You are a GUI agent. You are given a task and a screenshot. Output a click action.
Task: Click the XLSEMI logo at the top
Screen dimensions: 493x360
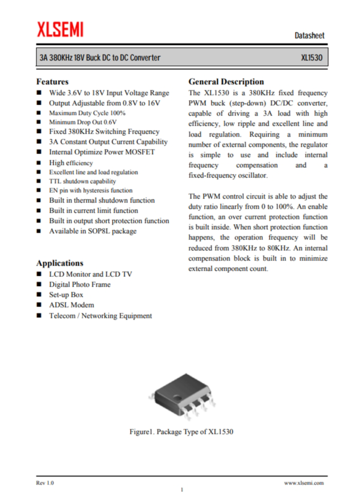pyautogui.click(x=60, y=28)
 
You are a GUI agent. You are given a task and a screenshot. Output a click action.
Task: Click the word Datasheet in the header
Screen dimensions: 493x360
pyautogui.click(x=309, y=36)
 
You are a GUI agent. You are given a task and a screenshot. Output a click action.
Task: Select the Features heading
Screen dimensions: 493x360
pyautogui.click(x=52, y=82)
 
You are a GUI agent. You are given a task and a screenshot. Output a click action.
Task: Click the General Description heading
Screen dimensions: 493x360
pyautogui.click(x=226, y=82)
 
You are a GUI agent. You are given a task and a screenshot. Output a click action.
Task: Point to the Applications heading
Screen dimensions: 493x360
pyautogui.click(x=60, y=263)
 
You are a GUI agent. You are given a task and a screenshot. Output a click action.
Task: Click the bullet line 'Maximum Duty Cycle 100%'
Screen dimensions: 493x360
pyautogui.click(x=87, y=113)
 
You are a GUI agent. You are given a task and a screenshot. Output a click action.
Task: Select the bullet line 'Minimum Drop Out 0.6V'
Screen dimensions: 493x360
pyautogui.click(x=82, y=122)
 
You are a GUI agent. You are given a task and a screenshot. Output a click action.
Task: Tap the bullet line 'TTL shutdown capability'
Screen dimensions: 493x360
pyautogui.click(x=82, y=181)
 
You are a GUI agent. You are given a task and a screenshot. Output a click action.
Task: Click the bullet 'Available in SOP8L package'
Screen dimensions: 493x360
pyautogui.click(x=93, y=231)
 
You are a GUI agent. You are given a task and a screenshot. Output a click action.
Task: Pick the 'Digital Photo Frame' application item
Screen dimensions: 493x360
pyautogui.click(x=80, y=284)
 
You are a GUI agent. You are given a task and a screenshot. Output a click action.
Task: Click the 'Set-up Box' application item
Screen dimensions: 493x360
pyautogui.click(x=66, y=295)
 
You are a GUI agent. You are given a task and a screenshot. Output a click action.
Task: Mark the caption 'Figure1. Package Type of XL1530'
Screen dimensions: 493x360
pyautogui.click(x=181, y=432)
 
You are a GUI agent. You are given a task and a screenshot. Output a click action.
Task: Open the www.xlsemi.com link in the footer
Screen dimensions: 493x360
pyautogui.click(x=303, y=482)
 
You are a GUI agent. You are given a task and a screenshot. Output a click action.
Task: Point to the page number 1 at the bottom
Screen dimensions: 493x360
pyautogui.click(x=181, y=489)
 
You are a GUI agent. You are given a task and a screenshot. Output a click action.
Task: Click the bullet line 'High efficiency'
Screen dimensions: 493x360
pyautogui.click(x=71, y=163)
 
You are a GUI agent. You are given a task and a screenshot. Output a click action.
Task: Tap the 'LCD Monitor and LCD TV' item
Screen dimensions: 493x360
pyautogui.click(x=90, y=274)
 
